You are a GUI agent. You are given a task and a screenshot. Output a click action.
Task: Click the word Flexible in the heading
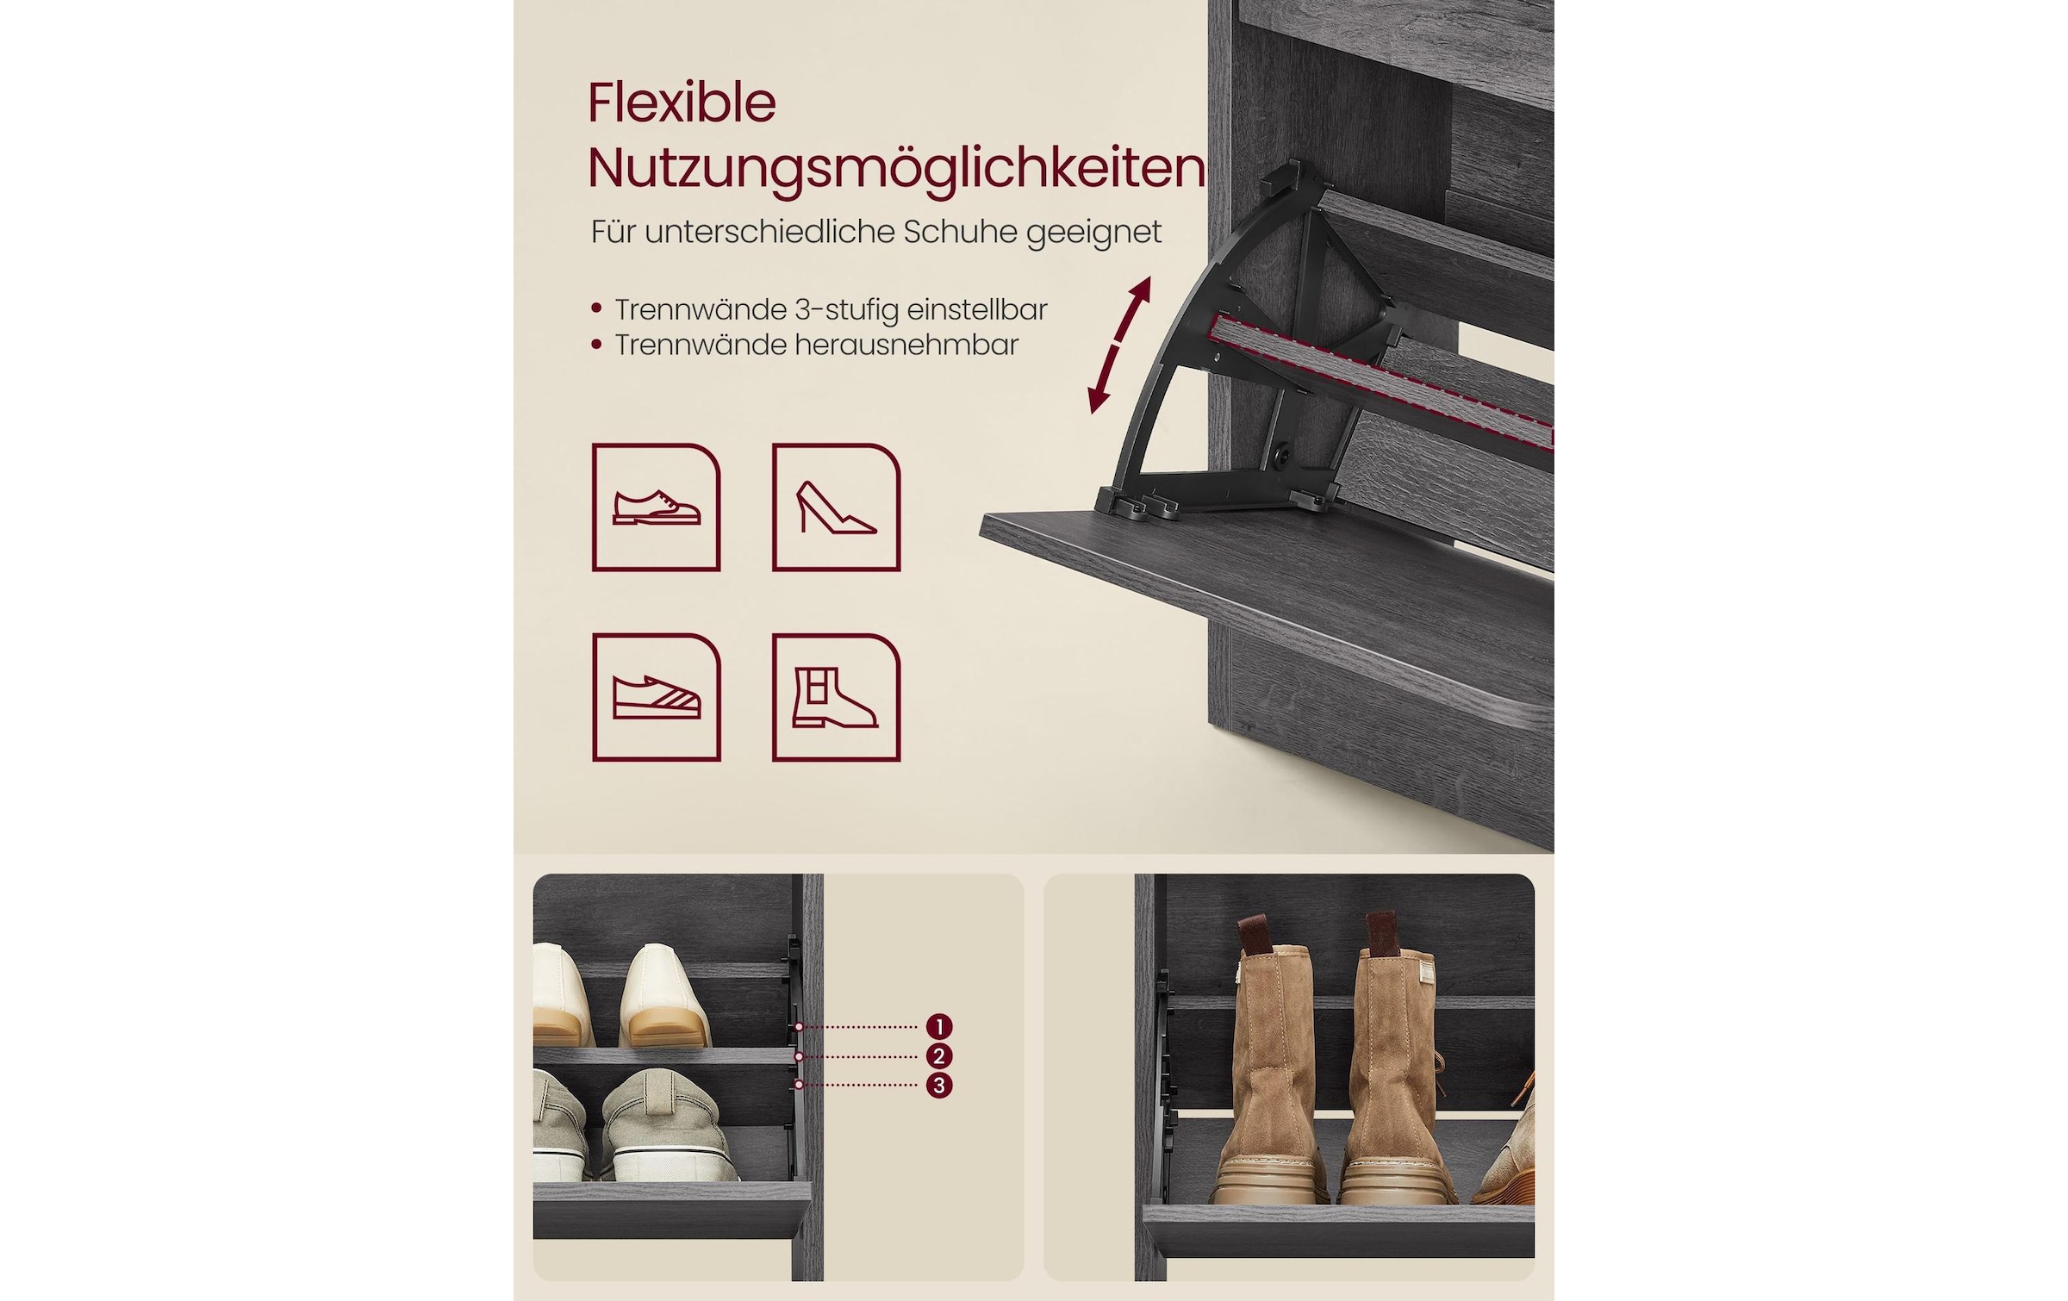coord(682,104)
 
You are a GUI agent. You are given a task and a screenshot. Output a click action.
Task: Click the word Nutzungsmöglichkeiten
coord(896,168)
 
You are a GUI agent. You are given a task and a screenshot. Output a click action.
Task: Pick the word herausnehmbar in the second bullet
coord(906,345)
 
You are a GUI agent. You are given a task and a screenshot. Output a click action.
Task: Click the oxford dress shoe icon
coord(657,507)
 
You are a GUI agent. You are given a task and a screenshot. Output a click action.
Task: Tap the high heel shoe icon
coord(836,507)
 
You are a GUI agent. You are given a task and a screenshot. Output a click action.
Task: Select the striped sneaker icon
coord(657,697)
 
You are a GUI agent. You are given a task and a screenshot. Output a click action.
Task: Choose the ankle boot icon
coord(836,697)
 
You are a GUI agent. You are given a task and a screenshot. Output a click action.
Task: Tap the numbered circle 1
coord(939,1026)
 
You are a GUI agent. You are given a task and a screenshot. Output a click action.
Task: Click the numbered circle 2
coord(939,1055)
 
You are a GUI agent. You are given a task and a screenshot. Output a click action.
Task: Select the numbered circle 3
coord(939,1085)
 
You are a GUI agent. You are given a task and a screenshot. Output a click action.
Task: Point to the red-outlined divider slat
coord(1379,375)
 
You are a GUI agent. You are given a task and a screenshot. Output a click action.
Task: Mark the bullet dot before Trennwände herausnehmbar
coord(596,345)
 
